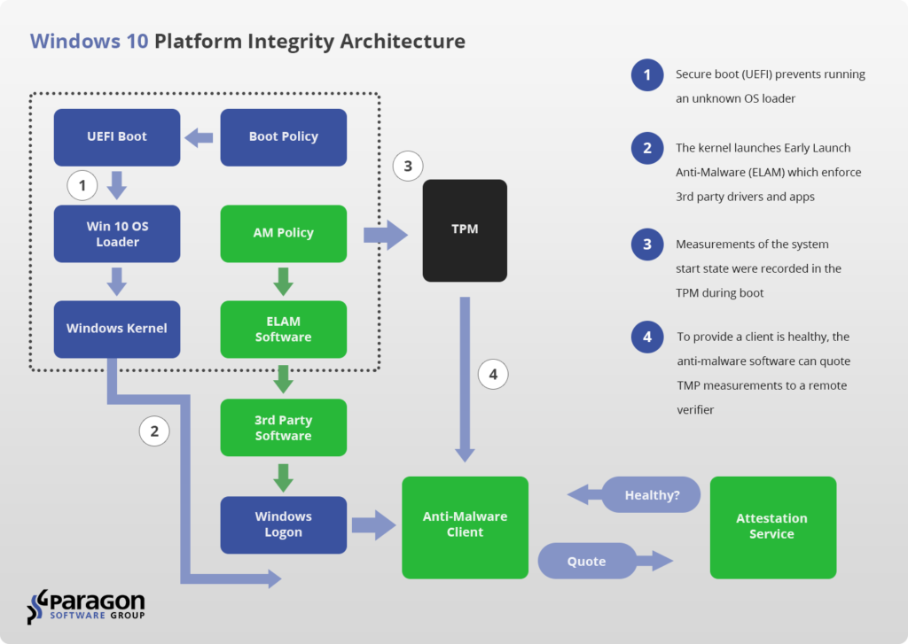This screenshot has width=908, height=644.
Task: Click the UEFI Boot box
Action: [x=117, y=137]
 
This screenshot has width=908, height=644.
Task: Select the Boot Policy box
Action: [x=283, y=137]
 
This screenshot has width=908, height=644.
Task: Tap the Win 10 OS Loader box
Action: [x=117, y=234]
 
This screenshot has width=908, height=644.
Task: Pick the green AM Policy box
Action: [x=283, y=234]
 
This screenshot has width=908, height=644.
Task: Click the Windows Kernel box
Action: [x=117, y=330]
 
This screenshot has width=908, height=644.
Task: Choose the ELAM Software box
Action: [x=283, y=330]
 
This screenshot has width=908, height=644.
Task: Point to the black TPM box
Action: [x=465, y=230]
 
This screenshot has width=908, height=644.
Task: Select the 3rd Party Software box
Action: [x=283, y=428]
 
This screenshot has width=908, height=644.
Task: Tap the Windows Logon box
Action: [x=283, y=524]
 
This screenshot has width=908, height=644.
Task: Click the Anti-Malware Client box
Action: [x=465, y=527]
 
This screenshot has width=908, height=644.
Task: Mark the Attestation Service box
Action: [x=773, y=527]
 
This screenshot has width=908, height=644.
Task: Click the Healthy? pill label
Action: [x=651, y=494]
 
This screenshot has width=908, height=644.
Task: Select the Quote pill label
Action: [x=587, y=561]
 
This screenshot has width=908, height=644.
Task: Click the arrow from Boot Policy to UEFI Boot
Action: [x=199, y=137]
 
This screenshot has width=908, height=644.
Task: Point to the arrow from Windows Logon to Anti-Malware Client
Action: [x=374, y=525]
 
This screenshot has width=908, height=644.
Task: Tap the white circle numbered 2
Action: [x=154, y=431]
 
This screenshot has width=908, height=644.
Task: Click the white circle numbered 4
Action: [x=493, y=375]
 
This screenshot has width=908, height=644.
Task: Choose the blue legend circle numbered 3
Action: [x=647, y=244]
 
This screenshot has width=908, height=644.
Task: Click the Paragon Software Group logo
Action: [x=86, y=607]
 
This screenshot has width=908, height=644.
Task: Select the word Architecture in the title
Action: [x=403, y=41]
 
